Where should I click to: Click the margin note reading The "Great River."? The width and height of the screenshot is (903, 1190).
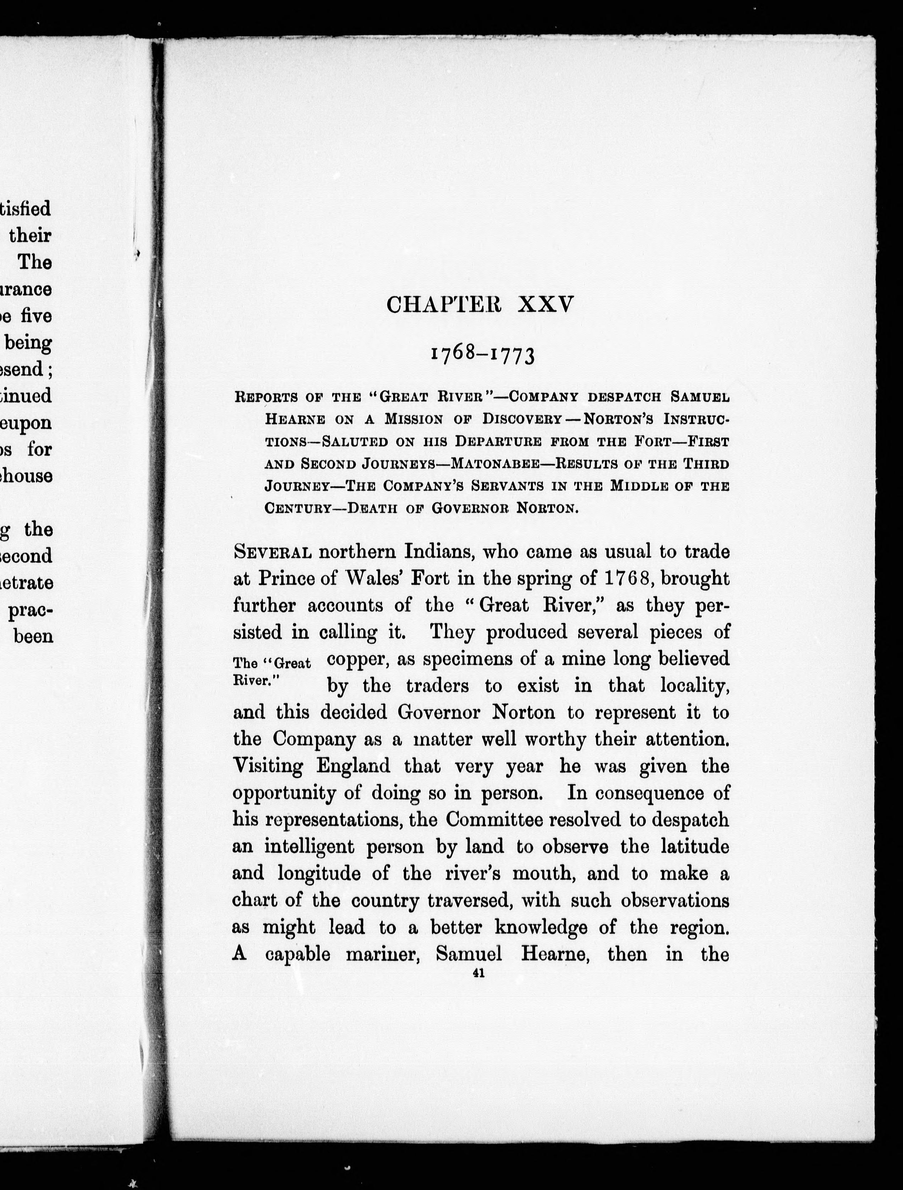[272, 671]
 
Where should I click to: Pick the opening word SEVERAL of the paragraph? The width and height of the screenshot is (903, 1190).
[272, 552]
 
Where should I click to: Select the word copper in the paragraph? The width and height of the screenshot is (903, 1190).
[358, 659]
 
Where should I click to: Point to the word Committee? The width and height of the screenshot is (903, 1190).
[487, 819]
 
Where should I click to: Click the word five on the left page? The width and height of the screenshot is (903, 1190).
[36, 316]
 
